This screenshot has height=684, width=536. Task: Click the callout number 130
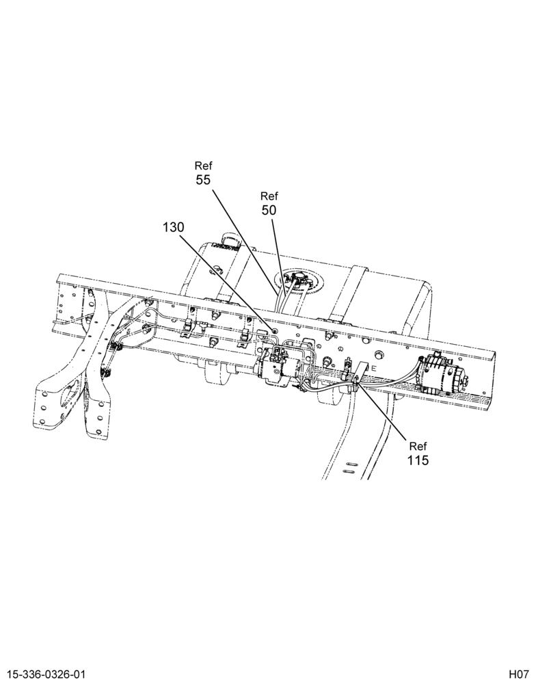click(174, 227)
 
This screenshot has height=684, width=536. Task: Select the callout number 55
click(203, 180)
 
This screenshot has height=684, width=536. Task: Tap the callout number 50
click(269, 210)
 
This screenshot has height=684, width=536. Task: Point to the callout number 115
click(418, 460)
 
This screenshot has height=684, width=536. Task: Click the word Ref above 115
click(418, 446)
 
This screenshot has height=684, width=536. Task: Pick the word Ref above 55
click(203, 166)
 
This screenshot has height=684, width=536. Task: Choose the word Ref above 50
click(269, 196)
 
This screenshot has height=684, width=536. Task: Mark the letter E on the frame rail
click(374, 368)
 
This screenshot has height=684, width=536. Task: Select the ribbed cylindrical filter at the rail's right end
click(442, 371)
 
